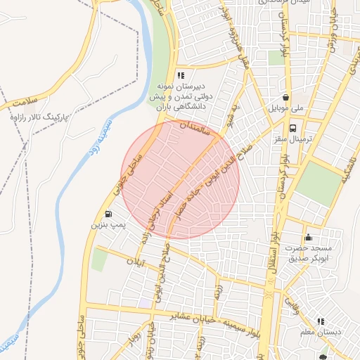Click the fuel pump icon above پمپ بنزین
(x=108, y=214)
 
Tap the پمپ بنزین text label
(x=108, y=226)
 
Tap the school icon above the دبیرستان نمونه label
(x=181, y=75)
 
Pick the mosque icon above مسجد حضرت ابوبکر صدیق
(x=308, y=238)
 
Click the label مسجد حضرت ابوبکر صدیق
(x=307, y=254)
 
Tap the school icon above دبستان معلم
(x=321, y=321)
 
